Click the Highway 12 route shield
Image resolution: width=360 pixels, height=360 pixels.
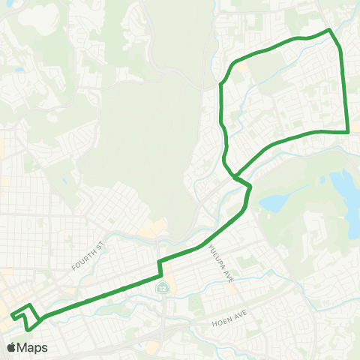tap(162, 287)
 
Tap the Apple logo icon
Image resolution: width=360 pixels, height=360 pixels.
tap(11, 347)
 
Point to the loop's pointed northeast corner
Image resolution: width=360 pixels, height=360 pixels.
tap(329, 30)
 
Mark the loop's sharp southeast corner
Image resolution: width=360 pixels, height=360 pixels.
tap(349, 132)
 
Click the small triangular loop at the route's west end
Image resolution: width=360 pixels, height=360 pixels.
tap(27, 316)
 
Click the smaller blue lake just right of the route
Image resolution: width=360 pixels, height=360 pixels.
tap(273, 202)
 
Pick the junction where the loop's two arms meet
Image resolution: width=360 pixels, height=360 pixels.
tap(235, 178)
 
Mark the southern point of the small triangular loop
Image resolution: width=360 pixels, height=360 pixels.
tap(27, 328)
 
